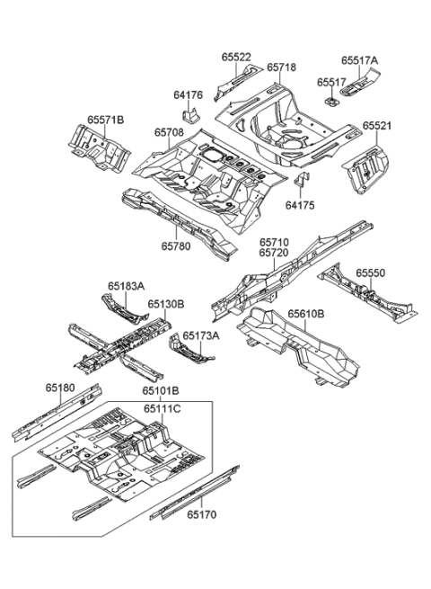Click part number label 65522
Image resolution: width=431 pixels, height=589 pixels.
[237, 57]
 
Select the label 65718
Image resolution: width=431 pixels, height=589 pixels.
[281, 67]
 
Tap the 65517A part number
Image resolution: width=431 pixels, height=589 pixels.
[359, 61]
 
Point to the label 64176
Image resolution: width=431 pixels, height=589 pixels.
[188, 94]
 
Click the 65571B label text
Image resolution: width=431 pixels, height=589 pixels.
[106, 120]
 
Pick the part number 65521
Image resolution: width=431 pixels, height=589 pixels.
[377, 126]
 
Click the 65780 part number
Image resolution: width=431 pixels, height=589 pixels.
[176, 245]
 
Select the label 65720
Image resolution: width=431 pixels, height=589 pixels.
[275, 254]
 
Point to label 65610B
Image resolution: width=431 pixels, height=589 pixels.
[308, 314]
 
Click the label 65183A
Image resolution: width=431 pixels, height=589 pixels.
[126, 286]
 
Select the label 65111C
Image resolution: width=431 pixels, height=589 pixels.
[162, 409]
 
